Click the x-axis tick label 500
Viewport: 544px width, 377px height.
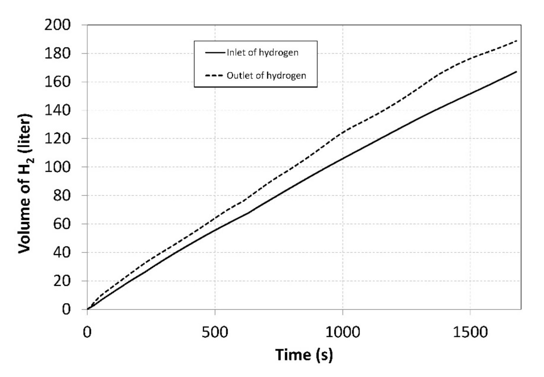point(215,332)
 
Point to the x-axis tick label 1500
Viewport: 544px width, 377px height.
point(470,332)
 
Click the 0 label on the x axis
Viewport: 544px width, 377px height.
point(87,332)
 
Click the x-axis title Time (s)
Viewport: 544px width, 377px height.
point(304,355)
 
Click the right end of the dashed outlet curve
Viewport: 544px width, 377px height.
point(517,41)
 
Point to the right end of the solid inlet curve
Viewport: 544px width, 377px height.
point(517,71)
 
